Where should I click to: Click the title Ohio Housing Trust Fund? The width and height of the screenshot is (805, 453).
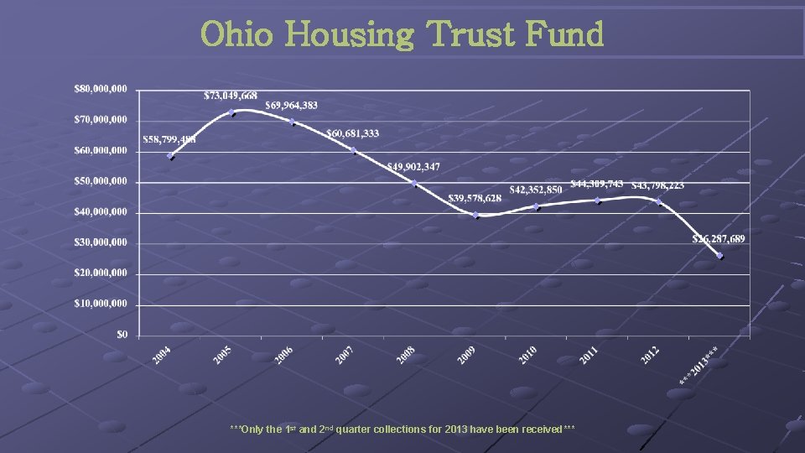pos(402,35)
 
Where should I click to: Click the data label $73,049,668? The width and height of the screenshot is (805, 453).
pos(231,96)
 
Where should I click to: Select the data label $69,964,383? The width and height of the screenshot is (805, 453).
pos(291,106)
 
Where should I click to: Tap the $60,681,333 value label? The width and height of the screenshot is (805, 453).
pos(352,134)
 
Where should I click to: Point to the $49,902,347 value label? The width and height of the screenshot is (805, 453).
pos(413,167)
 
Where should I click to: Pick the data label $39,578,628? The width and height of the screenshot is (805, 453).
pos(474,198)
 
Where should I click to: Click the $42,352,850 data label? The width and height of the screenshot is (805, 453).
pos(536,190)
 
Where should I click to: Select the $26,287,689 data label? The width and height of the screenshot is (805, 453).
pos(718,239)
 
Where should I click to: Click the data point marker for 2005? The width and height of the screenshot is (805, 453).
pos(231,112)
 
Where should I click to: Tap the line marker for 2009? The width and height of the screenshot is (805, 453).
pos(475,215)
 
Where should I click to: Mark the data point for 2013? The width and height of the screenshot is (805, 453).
pos(719,256)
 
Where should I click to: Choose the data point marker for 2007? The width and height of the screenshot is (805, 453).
pos(353,151)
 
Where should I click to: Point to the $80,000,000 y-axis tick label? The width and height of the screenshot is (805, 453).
pos(101,88)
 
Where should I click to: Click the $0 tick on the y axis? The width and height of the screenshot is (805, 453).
pos(122,334)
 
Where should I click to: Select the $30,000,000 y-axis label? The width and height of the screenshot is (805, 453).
pos(101,242)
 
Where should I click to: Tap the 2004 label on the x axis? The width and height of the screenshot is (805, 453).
pos(162,356)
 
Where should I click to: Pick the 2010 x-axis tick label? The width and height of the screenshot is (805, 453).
pos(527,356)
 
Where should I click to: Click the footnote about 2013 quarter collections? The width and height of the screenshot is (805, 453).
pos(402,430)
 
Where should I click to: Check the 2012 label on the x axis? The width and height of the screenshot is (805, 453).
pos(649,356)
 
